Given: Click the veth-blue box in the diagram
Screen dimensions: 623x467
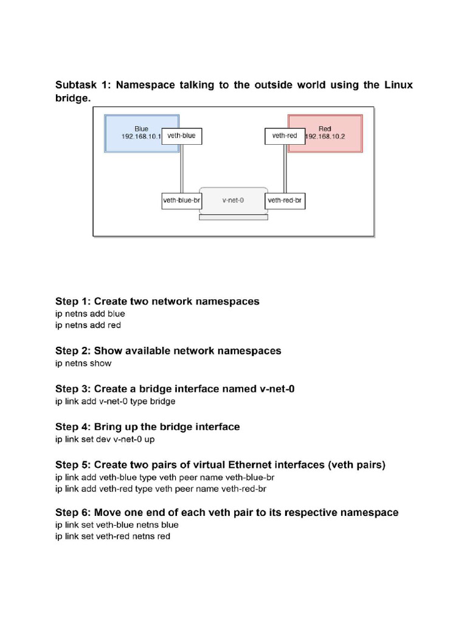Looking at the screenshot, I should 181,136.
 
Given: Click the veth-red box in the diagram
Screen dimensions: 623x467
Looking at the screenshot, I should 285,136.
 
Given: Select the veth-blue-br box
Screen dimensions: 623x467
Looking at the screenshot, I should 182,200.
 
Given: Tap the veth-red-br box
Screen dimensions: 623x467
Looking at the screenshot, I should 285,200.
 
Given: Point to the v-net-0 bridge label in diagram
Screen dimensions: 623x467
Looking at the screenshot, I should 233,200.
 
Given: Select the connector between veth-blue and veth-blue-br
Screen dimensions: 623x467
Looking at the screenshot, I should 181,167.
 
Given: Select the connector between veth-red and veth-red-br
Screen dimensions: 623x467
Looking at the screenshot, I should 285,167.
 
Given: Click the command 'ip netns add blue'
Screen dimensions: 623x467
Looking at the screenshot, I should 90,314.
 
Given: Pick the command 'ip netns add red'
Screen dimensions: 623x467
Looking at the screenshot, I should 88,325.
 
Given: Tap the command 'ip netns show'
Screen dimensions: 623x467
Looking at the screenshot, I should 83,363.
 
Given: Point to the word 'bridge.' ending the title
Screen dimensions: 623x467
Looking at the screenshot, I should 73,98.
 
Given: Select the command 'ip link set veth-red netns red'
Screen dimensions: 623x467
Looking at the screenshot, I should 112,537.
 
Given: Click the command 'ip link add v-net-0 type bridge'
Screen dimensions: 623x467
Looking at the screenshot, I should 115,401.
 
